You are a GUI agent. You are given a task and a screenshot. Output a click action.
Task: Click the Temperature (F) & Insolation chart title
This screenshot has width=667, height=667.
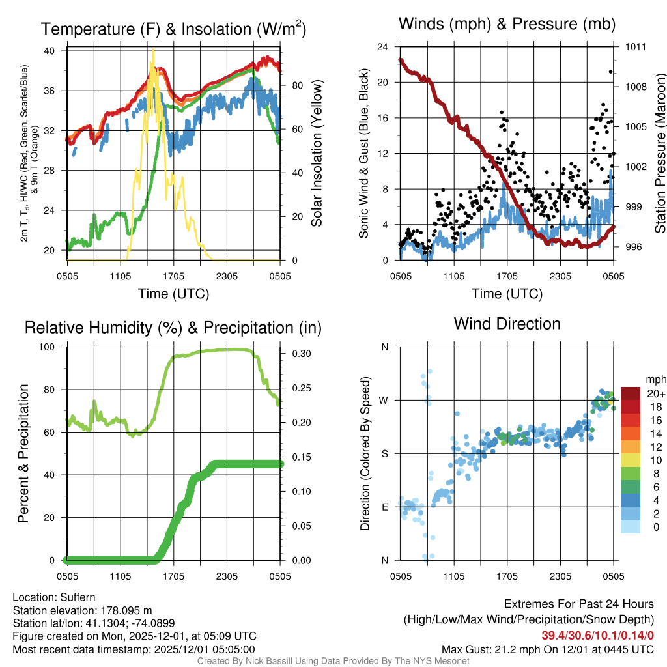[x=173, y=29]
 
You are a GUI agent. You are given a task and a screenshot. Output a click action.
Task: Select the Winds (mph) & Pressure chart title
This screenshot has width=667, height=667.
[x=507, y=25]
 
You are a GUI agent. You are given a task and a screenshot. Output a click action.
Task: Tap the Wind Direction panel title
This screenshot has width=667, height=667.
[x=507, y=324]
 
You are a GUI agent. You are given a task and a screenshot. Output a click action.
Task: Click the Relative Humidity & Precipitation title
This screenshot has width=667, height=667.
[x=173, y=328]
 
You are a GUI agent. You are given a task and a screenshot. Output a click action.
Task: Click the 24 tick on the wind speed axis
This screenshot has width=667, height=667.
[x=382, y=47]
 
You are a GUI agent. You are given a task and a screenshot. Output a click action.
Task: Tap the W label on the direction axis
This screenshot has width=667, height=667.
[x=385, y=400]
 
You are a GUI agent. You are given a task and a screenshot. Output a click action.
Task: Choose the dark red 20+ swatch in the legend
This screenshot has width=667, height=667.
[x=631, y=393]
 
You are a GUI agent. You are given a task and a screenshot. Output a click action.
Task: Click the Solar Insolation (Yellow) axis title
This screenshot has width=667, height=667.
[x=317, y=154]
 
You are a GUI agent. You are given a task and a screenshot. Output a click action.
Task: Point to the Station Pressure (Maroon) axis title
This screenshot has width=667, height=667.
[x=660, y=154]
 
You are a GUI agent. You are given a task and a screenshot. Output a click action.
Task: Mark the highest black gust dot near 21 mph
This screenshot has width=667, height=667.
[x=611, y=72]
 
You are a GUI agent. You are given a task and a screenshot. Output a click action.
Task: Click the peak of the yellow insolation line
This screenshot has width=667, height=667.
[x=153, y=50]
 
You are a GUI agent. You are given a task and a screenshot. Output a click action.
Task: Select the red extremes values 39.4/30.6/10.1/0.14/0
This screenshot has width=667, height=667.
[x=597, y=635]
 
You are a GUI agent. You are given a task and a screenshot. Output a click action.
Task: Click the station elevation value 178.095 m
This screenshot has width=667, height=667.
[x=126, y=610]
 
